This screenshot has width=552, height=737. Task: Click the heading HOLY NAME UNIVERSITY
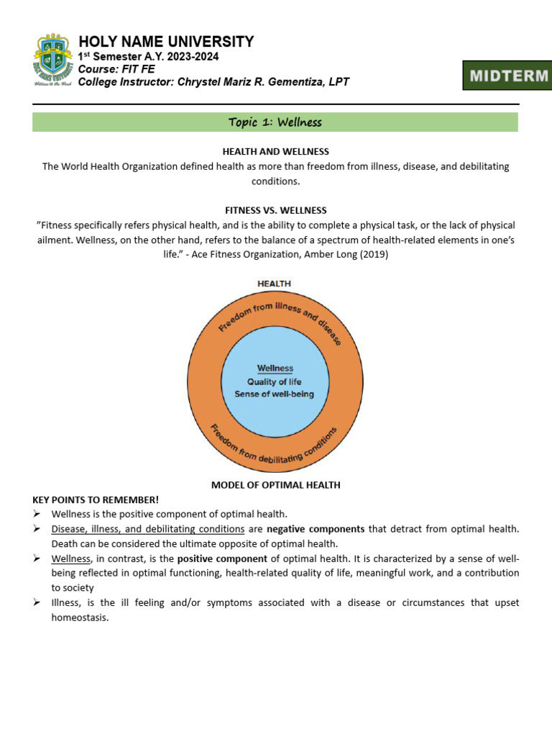[165, 42]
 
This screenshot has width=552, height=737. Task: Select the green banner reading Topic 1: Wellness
[275, 122]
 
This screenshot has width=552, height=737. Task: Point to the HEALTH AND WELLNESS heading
[275, 151]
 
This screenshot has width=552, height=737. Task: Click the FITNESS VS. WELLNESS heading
[275, 210]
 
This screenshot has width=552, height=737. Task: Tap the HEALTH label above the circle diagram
[275, 284]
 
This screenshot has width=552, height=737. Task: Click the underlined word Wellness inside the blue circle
[275, 368]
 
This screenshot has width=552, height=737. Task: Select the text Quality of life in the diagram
[275, 381]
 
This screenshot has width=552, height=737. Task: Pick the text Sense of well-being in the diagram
[275, 394]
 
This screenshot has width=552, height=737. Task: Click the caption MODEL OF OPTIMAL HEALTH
[275, 485]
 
